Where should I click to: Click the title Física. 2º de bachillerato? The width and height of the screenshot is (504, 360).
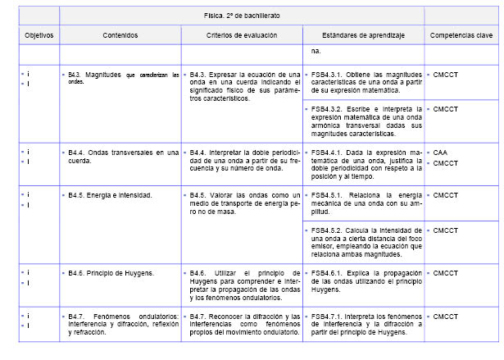pos(243,16)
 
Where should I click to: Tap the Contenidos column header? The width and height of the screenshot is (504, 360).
pos(120,36)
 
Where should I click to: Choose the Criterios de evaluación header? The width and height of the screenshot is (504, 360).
pos(242,36)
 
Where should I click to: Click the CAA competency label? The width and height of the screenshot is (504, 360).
pos(441,152)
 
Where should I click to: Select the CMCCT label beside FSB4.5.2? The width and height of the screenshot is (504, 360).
pos(446,230)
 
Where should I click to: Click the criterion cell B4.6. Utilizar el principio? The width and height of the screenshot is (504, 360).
pos(241,283)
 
